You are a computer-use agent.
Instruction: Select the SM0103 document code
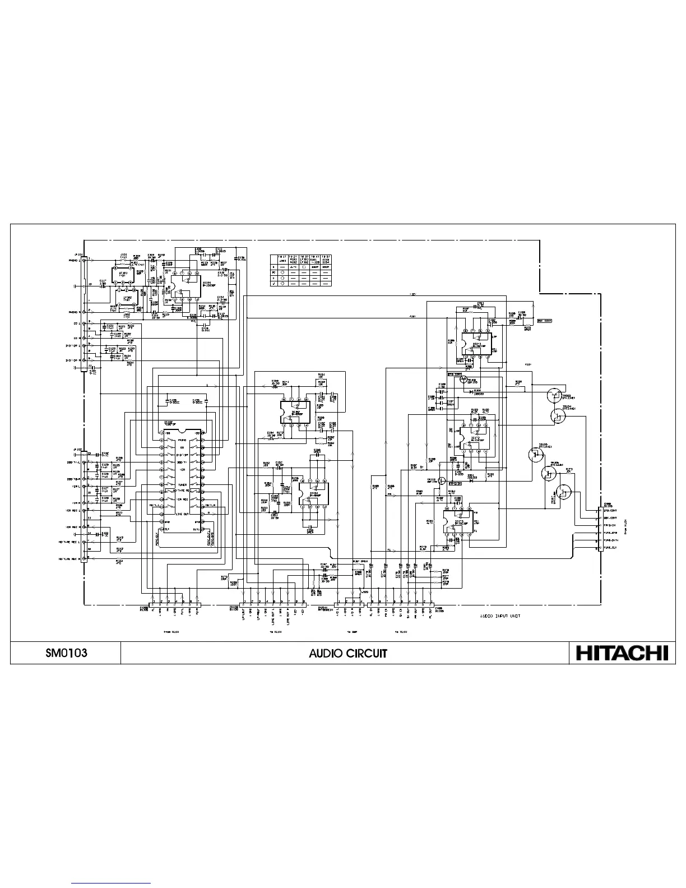coord(66,653)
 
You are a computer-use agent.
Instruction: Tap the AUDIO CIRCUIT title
coord(348,653)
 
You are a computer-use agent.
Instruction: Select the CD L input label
coord(78,323)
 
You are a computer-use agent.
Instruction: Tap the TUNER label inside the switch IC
coord(182,485)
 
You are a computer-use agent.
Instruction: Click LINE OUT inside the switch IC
coord(182,514)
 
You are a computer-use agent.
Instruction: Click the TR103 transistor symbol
coord(554,395)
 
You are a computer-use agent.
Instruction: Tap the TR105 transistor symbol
coord(535,455)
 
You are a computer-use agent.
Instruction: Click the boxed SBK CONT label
coord(544,321)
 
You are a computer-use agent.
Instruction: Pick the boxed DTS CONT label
coord(454,373)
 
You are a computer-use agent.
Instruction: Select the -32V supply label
coord(412,294)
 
